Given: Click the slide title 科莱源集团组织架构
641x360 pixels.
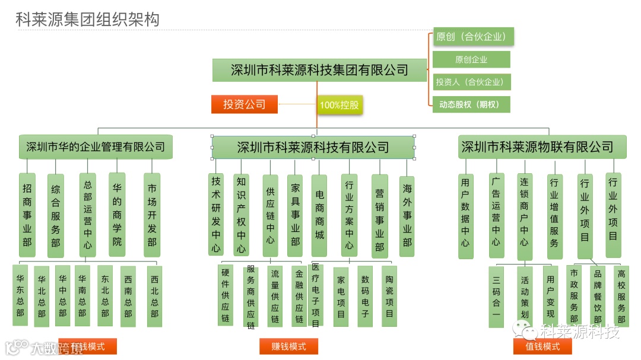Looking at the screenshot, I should [x=87, y=19].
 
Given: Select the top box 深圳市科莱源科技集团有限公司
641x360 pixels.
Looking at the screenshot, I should [x=319, y=70].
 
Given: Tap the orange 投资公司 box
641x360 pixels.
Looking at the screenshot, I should [x=244, y=104].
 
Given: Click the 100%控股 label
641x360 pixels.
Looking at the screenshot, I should [x=339, y=105].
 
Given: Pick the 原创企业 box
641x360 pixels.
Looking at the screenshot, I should [x=471, y=59].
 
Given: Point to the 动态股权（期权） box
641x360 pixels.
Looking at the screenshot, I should [x=471, y=104].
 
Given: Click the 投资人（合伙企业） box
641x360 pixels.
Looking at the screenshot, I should [x=471, y=82].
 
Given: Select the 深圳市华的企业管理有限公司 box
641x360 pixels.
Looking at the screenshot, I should [x=96, y=146].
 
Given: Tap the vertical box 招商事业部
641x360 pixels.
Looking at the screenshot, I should [x=27, y=215].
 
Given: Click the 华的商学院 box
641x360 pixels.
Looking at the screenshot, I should [x=117, y=215].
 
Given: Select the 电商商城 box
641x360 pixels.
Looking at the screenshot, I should [x=319, y=215].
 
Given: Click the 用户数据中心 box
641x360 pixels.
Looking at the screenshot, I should [x=465, y=215].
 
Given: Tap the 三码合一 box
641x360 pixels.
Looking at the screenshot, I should [x=496, y=297].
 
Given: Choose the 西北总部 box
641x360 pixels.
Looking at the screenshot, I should [x=154, y=296].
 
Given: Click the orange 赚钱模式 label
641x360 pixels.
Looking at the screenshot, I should [x=288, y=346].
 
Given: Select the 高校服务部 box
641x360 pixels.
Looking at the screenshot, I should [x=621, y=296].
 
